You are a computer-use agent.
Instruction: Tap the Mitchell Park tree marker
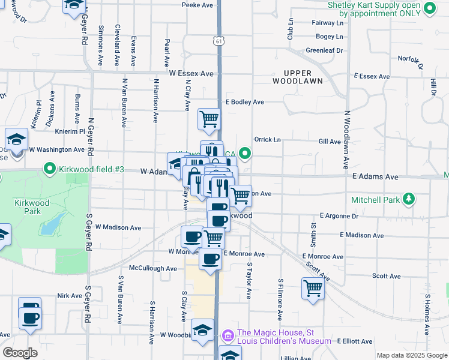click(408, 198)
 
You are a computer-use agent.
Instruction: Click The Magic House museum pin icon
click(228, 334)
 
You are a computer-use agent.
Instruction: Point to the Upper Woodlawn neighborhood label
click(298, 77)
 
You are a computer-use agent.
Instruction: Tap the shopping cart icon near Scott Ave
click(313, 287)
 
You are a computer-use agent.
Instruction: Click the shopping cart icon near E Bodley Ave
click(209, 119)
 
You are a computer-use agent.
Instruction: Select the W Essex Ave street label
click(191, 73)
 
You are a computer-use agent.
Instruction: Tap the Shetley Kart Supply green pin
click(429, 8)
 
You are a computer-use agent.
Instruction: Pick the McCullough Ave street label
click(152, 269)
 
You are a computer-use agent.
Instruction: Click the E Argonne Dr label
click(339, 215)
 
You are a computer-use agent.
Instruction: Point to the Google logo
click(20, 353)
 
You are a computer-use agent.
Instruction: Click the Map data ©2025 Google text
click(411, 355)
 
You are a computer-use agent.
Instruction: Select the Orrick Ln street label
click(268, 139)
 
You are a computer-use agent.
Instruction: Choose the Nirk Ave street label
click(69, 296)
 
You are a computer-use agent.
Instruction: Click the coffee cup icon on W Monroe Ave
click(210, 259)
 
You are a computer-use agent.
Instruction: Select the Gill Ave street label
click(330, 142)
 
